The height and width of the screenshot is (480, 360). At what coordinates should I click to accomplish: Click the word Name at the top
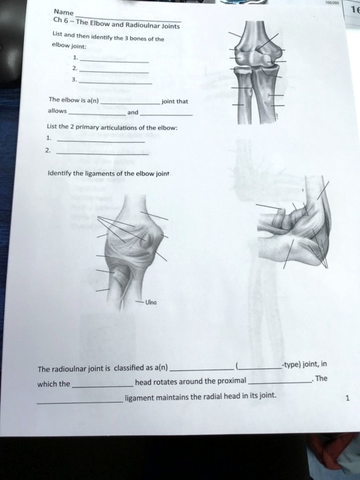coord(64,12)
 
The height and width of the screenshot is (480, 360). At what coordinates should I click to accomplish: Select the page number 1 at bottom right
coord(347,397)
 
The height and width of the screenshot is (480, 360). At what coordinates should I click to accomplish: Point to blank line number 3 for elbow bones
coord(123,82)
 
